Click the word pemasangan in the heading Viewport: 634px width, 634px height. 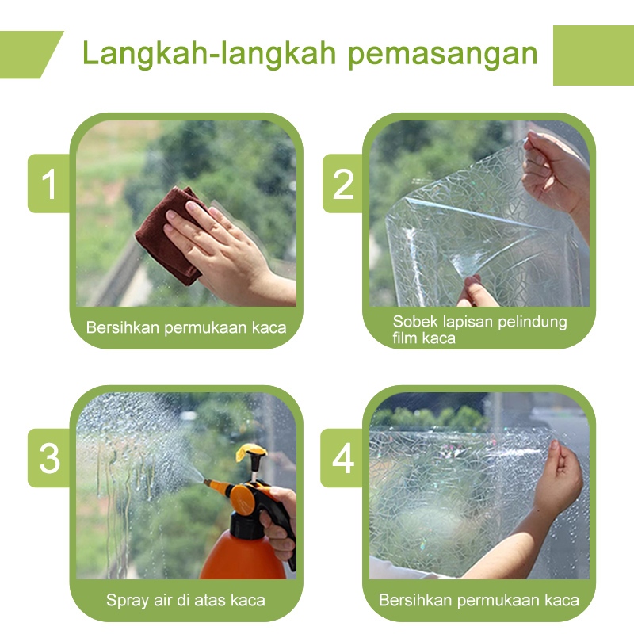[443, 54]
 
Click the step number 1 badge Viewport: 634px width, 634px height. [48, 183]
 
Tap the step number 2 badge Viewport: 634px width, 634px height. [343, 183]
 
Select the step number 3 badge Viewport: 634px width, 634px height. [48, 458]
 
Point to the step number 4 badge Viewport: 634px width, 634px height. [342, 458]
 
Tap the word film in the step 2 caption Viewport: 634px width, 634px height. [404, 338]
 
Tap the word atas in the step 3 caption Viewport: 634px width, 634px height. [210, 601]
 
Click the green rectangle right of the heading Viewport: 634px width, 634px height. [593, 55]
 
